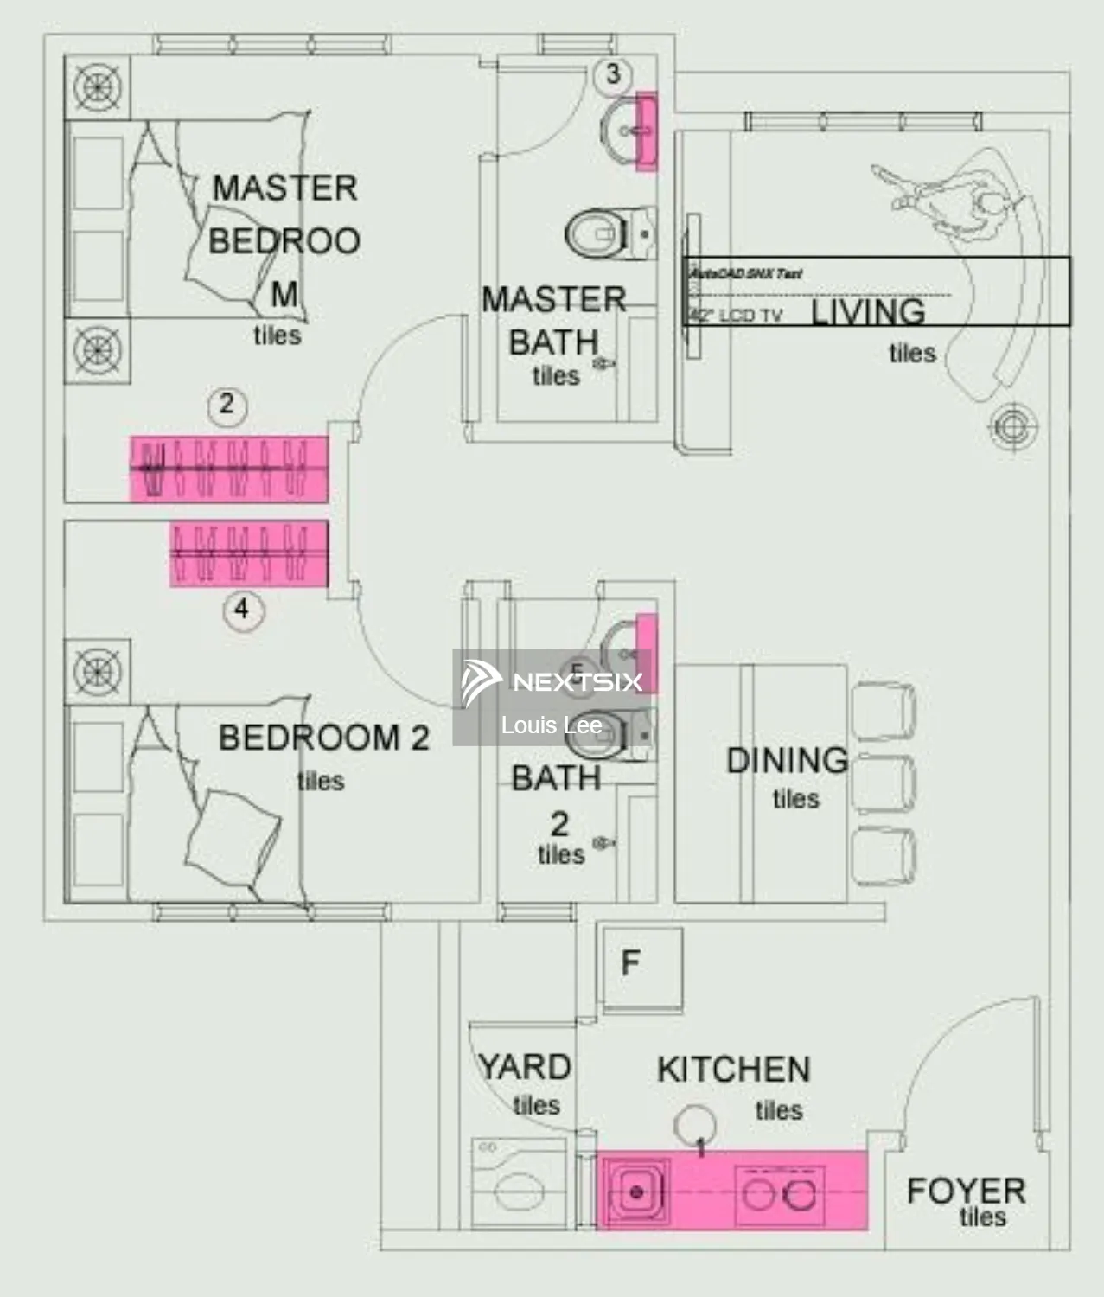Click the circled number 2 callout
[227, 404]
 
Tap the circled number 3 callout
[613, 74]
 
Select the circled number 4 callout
[242, 610]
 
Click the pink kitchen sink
[636, 1192]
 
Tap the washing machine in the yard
[520, 1185]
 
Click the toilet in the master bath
[605, 233]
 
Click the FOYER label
[966, 1191]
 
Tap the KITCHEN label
[733, 1070]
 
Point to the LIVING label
[868, 311]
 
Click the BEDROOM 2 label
[323, 738]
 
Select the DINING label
[787, 760]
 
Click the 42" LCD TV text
[737, 315]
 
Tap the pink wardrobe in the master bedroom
[229, 469]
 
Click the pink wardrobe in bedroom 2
[249, 554]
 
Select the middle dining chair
[884, 783]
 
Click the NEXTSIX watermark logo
[552, 681]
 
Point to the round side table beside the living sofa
[1012, 426]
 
